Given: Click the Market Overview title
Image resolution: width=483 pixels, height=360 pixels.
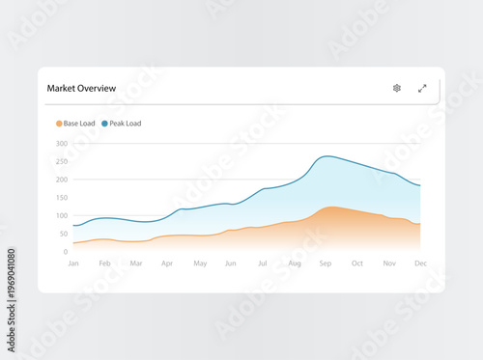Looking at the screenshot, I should click(81, 89).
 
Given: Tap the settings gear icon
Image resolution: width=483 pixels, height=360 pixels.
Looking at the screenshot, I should click(397, 88).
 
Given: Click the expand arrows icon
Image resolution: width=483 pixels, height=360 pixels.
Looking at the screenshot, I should click(422, 88).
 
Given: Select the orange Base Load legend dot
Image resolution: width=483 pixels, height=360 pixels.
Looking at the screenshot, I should click(59, 124).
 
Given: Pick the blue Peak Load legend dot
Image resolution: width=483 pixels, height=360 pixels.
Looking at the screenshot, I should click(104, 124).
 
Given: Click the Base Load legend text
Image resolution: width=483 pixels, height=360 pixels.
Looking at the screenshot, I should click(80, 124).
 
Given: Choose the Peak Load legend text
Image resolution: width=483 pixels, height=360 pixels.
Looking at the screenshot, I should click(126, 124).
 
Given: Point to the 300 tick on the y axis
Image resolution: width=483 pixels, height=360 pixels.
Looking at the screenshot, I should click(61, 144).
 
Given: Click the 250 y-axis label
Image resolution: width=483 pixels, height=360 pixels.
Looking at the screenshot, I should click(61, 162).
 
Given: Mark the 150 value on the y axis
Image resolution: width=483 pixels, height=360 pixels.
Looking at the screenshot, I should click(61, 198).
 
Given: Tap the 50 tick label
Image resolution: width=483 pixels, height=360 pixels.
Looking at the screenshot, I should click(63, 234).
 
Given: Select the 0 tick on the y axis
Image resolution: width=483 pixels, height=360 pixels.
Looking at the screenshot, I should click(65, 252).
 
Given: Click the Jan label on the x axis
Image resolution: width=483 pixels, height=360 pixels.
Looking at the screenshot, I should click(73, 263).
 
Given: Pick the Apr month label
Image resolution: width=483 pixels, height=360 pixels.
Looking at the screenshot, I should click(167, 263).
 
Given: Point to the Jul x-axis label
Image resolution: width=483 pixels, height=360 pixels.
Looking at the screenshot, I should click(262, 263).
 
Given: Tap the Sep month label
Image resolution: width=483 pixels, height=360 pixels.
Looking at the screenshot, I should click(325, 263).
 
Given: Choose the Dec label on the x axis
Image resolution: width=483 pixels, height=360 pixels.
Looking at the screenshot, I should click(420, 263).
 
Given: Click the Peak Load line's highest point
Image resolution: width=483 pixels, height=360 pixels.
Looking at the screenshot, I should click(327, 156).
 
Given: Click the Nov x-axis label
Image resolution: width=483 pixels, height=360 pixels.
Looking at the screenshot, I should click(389, 263).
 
